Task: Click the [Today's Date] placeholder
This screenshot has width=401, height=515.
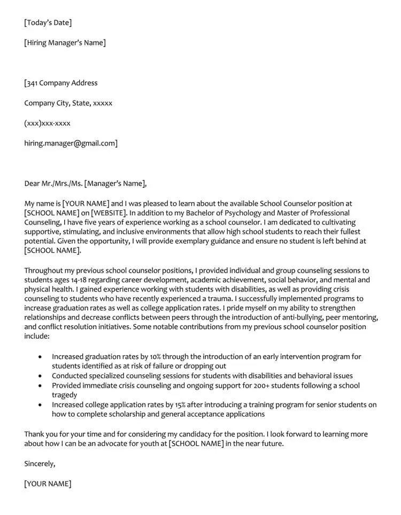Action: click(x=48, y=22)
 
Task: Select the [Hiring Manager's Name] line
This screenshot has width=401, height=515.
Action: click(x=65, y=43)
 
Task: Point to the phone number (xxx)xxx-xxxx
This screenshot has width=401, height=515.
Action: click(x=47, y=124)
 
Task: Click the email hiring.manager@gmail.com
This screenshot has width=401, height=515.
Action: click(x=71, y=143)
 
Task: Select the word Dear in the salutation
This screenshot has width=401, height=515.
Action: click(x=32, y=183)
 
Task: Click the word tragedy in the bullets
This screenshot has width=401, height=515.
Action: click(x=65, y=395)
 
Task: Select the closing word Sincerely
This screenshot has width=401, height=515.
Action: click(x=40, y=464)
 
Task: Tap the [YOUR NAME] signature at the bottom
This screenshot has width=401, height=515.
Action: click(x=48, y=484)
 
